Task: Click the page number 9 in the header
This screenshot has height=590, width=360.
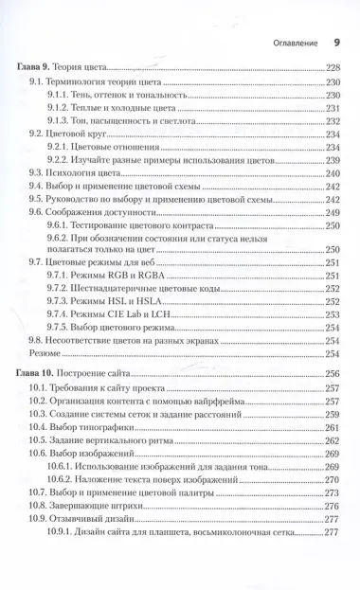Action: click(x=337, y=42)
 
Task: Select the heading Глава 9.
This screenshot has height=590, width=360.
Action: click(x=37, y=68)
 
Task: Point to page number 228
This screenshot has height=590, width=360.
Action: click(x=333, y=68)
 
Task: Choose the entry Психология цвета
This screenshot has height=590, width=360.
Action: click(x=89, y=174)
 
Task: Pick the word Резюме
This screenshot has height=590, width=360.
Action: click(x=40, y=354)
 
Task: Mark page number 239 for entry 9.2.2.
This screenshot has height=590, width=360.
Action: click(x=333, y=161)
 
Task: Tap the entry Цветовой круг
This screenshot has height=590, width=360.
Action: click(x=81, y=134)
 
